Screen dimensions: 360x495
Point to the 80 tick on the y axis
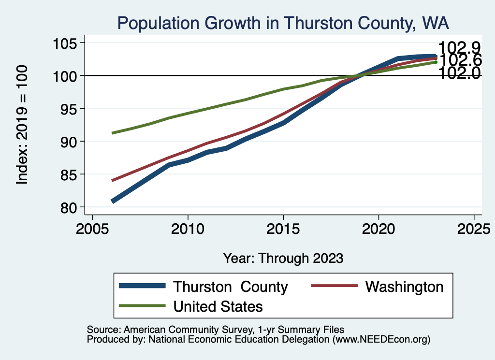pyautogui.click(x=70, y=207)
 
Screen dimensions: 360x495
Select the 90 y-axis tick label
pyautogui.click(x=70, y=142)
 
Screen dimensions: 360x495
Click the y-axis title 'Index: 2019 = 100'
pyautogui.click(x=22, y=125)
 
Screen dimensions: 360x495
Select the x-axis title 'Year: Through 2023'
pyautogui.click(x=283, y=258)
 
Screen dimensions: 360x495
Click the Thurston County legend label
pyautogui.click(x=231, y=287)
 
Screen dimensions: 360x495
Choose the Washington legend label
pyautogui.click(x=404, y=287)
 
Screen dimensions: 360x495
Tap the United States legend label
pyautogui.click(x=218, y=306)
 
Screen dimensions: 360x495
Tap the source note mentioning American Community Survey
pyautogui.click(x=215, y=329)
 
